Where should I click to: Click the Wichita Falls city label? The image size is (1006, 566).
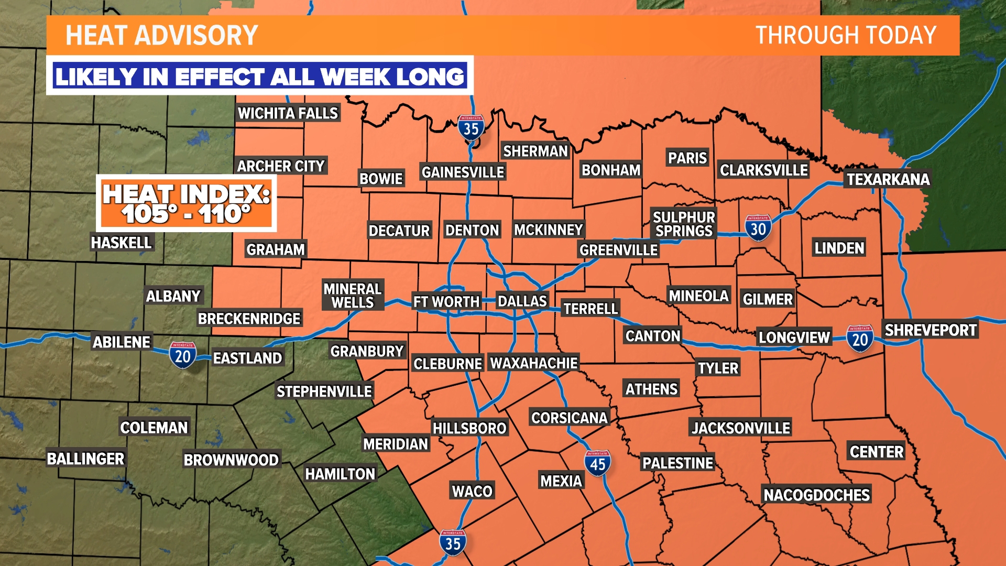pos(288,113)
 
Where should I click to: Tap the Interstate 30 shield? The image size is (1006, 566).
pos(758,228)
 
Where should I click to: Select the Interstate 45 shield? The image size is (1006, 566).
pos(597,463)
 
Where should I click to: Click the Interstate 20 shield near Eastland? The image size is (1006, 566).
pos(182,356)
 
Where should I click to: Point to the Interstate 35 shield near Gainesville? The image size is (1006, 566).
pos(471,127)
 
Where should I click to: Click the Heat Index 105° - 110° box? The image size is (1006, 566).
pos(186,203)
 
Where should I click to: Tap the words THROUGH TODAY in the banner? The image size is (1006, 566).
pos(845,36)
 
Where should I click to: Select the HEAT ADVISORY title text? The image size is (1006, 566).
pos(161,36)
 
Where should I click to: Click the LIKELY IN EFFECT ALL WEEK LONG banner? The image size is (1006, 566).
pos(260,77)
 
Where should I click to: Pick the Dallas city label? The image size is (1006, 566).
pos(522,301)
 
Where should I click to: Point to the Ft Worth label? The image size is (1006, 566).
pos(446,302)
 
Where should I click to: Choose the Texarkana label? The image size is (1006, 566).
pos(888,179)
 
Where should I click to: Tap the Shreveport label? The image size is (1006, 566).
pos(931,330)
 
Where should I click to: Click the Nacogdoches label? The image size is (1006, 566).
pos(816,495)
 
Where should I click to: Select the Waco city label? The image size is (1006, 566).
pos(472,491)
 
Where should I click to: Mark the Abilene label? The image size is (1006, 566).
pos(122,342)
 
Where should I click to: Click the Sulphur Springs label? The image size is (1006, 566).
pos(684,224)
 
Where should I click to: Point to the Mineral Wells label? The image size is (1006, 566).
pos(353,296)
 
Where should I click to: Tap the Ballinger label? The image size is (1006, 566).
pos(85,459)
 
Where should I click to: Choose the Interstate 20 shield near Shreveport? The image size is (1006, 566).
pos(860,339)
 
